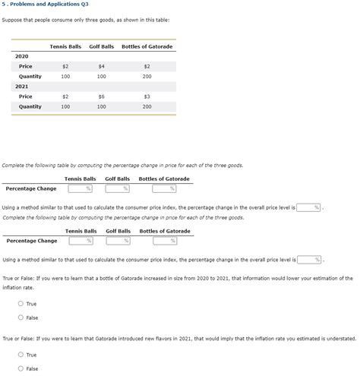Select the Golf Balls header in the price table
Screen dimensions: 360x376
click(101, 46)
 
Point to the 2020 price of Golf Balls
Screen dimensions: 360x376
click(101, 67)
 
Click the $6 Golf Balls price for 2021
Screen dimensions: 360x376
click(101, 96)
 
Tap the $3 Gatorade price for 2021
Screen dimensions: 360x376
click(147, 96)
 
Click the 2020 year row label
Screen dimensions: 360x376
click(22, 57)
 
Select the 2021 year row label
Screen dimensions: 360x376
click(22, 87)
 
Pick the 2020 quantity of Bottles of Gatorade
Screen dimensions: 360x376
click(147, 77)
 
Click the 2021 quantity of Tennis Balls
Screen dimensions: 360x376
click(65, 106)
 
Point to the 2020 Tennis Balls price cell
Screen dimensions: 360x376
click(65, 67)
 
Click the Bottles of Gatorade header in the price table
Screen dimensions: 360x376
click(147, 46)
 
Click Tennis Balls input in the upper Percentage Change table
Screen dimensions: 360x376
click(80, 188)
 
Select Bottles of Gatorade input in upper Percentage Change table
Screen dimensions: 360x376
click(164, 188)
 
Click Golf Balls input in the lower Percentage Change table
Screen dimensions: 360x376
click(118, 241)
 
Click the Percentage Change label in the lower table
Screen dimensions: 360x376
click(32, 241)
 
